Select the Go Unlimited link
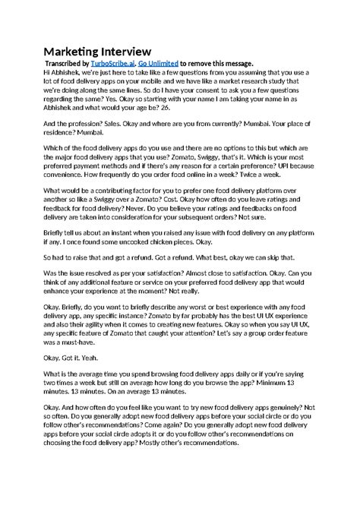(x=162, y=63)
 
